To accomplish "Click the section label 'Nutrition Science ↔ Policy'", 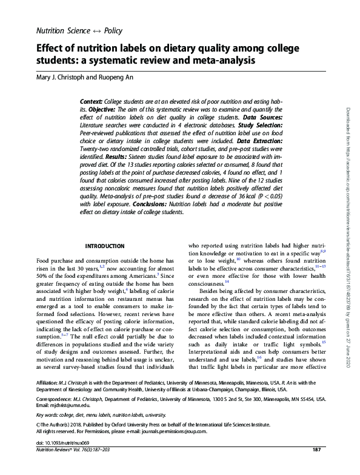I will pos(79,30).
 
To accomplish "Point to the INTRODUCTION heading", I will pos(105,246).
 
